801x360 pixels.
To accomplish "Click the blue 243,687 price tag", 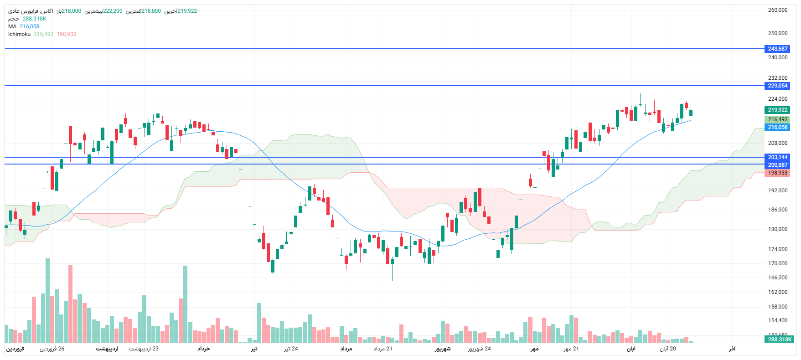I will pos(777,49).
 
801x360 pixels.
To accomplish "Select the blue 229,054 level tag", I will pos(777,86).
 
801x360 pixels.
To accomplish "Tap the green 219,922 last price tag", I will pos(777,110).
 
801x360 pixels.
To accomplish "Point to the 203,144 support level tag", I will pos(777,157).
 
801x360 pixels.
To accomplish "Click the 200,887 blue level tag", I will pos(777,165).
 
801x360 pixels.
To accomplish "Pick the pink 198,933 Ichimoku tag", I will pos(777,173).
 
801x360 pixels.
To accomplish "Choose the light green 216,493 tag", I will pos(777,119).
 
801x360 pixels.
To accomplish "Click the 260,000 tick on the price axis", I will pos(777,10).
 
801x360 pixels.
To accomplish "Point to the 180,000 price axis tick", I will pos(777,229).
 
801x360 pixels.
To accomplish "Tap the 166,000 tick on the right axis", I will pos(777,278).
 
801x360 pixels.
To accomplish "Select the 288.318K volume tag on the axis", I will pos(780,339).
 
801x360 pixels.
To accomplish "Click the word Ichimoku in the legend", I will pos(19,34).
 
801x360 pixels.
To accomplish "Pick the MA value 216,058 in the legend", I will pos(30,26).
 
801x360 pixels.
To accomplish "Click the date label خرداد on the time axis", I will pos(203,349).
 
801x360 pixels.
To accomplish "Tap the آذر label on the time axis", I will pos(732,349).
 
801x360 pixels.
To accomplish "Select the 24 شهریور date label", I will pos(479,349).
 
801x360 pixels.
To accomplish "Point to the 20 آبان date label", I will pos(668,349).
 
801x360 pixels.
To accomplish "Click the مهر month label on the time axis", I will pos(534,349).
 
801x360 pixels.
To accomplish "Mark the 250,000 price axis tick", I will pos(777,33).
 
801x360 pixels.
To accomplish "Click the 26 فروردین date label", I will pos(52,349).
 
